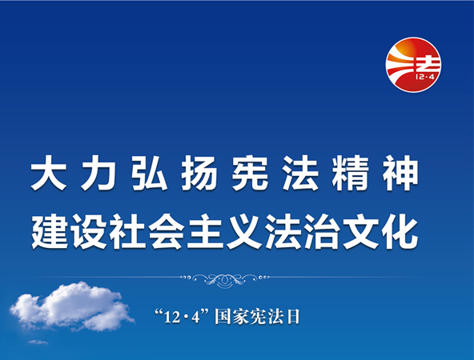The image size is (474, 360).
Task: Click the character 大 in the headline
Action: coord(49,173)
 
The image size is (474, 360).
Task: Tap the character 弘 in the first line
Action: coord(150,173)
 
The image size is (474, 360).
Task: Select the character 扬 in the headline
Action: coord(199,173)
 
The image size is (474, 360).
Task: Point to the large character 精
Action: coord(351,173)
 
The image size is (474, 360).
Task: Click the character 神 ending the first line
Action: coord(401,173)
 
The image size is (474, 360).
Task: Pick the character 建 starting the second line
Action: coord(50,231)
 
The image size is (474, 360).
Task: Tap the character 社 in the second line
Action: coord(127,231)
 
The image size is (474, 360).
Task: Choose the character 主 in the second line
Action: coord(205,231)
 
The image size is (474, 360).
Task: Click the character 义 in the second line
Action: coord(244,231)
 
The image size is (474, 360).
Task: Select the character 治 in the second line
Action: coord(322,231)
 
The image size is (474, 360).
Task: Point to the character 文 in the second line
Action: coord(361,231)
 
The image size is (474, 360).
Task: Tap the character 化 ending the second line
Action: coord(400,231)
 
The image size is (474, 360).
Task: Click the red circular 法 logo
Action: coord(413,65)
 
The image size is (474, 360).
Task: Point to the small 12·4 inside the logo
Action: coord(424,78)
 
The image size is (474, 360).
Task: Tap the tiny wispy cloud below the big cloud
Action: coord(38,342)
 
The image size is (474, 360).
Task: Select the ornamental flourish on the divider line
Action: coord(224,279)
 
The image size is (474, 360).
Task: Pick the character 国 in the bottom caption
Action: coord(223,317)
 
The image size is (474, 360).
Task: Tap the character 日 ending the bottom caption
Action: coord(292,317)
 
